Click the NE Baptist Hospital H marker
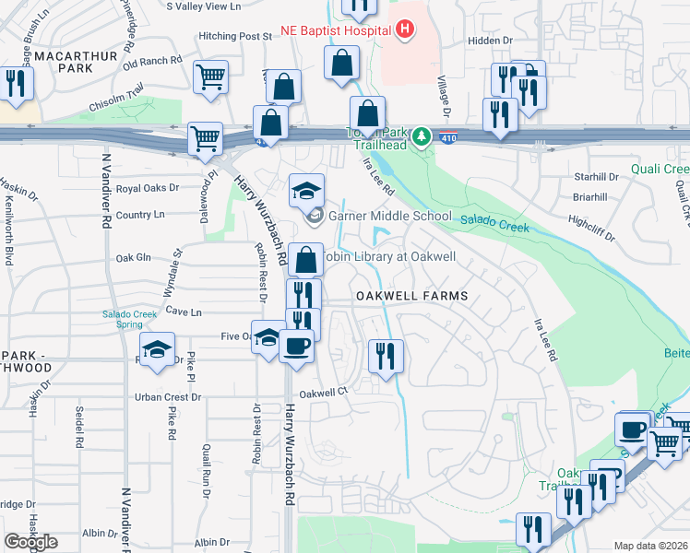tap(404, 30)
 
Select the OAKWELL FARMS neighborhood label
tap(412, 296)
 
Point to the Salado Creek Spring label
tap(136, 318)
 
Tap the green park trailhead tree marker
tap(422, 136)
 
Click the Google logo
tap(30, 542)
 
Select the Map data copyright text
tap(651, 545)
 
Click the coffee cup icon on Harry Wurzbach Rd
tap(295, 347)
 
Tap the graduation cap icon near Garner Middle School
tap(306, 191)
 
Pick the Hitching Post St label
tap(235, 37)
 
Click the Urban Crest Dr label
tap(168, 397)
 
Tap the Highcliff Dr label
tap(591, 226)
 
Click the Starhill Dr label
tap(595, 175)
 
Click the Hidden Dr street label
tap(489, 41)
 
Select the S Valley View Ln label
tap(204, 6)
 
